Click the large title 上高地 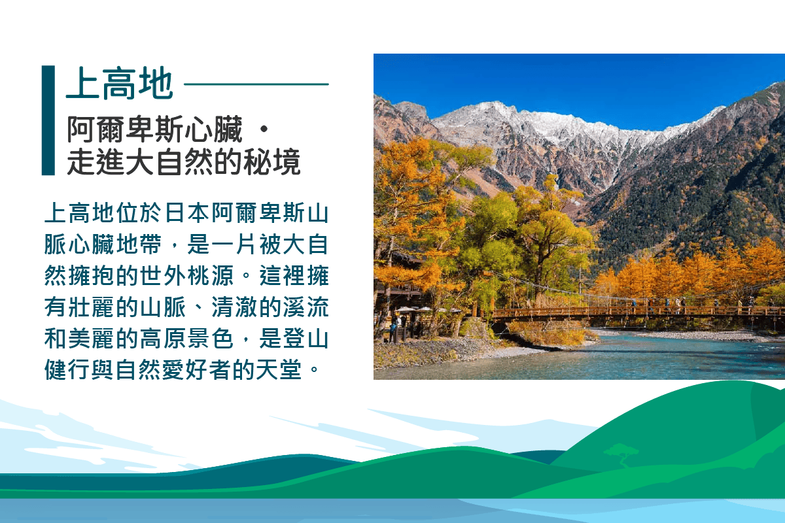(x=120, y=84)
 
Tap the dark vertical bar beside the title (x=48, y=120)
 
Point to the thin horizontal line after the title (x=256, y=84)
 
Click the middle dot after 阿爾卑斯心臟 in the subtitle (x=264, y=129)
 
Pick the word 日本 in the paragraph (x=187, y=212)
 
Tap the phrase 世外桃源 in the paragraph (x=187, y=275)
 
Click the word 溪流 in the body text (x=305, y=307)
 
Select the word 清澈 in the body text (x=234, y=307)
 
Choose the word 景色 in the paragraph (x=210, y=339)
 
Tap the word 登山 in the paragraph (x=305, y=339)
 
